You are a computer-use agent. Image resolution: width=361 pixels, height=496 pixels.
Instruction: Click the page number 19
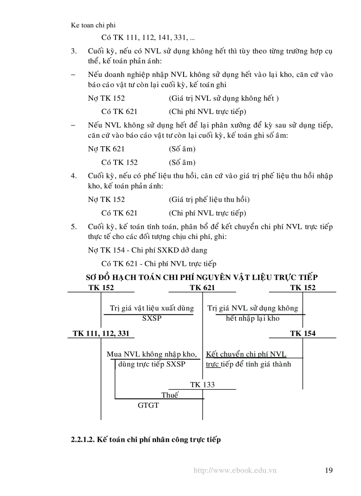pyautogui.click(x=328, y=470)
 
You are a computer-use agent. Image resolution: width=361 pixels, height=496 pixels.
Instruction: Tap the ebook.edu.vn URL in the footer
pyautogui.click(x=235, y=471)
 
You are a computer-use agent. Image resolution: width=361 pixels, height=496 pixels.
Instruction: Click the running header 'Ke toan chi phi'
pyautogui.click(x=93, y=25)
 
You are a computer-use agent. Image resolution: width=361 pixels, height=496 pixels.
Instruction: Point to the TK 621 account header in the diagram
pyautogui.click(x=202, y=288)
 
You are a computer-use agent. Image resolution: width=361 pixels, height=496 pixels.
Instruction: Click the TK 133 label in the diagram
pyautogui.click(x=202, y=385)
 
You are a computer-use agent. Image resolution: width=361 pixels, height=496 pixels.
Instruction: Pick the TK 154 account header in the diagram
pyautogui.click(x=303, y=333)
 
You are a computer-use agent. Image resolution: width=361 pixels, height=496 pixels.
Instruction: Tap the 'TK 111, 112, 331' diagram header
pyautogui.click(x=101, y=333)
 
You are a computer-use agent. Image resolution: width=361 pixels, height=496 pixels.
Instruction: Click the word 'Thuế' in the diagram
pyautogui.click(x=170, y=395)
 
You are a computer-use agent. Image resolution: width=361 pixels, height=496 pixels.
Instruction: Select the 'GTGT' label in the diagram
pyautogui.click(x=148, y=405)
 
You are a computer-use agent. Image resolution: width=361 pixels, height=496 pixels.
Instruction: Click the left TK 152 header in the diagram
pyautogui.click(x=101, y=288)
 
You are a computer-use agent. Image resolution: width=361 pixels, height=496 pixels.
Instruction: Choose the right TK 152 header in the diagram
pyautogui.click(x=303, y=288)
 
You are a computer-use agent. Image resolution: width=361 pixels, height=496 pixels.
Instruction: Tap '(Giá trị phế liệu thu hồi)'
pyautogui.click(x=209, y=200)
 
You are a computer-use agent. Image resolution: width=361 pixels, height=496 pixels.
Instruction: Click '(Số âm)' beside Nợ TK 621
pyautogui.click(x=182, y=149)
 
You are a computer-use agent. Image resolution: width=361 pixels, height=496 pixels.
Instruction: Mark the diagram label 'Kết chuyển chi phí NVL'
pyautogui.click(x=246, y=354)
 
